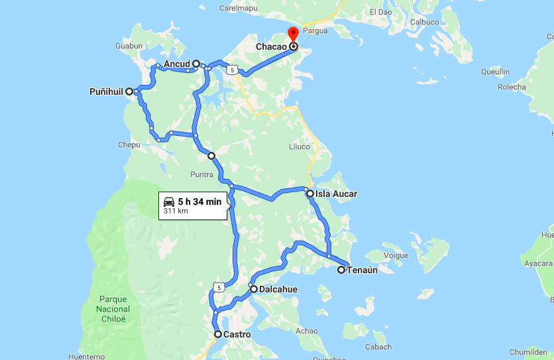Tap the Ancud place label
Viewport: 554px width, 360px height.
coord(177,64)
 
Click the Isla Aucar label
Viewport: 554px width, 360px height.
coord(337,194)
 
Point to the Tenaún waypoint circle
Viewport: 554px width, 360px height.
coord(341,270)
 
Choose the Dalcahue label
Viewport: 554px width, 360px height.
coord(278,290)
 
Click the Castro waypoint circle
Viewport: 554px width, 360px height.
coord(217,335)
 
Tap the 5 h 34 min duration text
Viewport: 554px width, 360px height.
coord(199,201)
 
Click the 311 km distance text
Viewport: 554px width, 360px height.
coord(175,211)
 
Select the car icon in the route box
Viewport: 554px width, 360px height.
coord(169,201)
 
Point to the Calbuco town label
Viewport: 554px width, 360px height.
coord(424,22)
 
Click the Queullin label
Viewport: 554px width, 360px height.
coord(495,72)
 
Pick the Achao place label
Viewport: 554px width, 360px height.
coord(307,331)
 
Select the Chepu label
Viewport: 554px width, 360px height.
coord(129,145)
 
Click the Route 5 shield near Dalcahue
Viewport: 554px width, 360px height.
coord(218,286)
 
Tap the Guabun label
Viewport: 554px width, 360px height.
coord(129,46)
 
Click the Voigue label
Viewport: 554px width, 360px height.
coord(396,255)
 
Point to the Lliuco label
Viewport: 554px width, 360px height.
coord(299,146)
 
